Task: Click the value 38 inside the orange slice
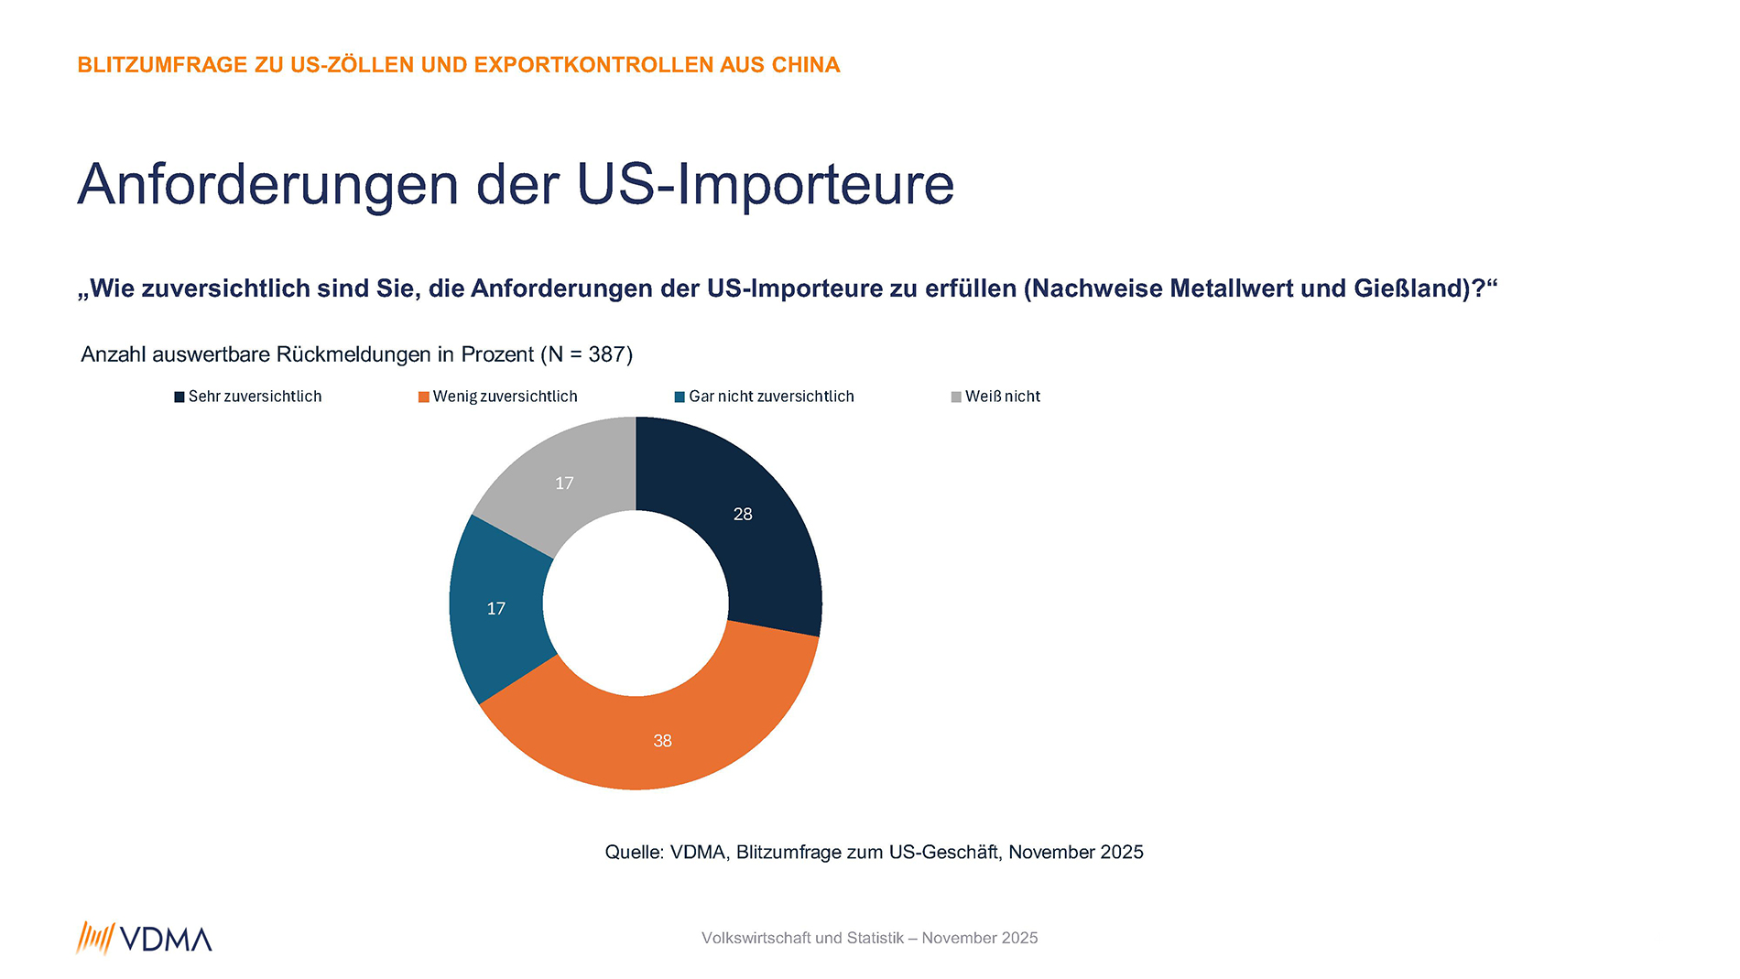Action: [662, 740]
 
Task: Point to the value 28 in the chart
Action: [743, 514]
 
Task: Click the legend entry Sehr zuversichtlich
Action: [255, 397]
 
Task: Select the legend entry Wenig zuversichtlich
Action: [505, 397]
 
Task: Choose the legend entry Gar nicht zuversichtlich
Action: [771, 397]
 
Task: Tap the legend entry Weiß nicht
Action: [1002, 397]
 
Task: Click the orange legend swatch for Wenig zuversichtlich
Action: [424, 397]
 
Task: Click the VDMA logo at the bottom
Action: [145, 939]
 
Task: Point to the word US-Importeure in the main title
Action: [766, 185]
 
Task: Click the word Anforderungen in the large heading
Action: [267, 185]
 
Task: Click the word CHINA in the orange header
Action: [806, 65]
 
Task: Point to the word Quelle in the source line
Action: [634, 853]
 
